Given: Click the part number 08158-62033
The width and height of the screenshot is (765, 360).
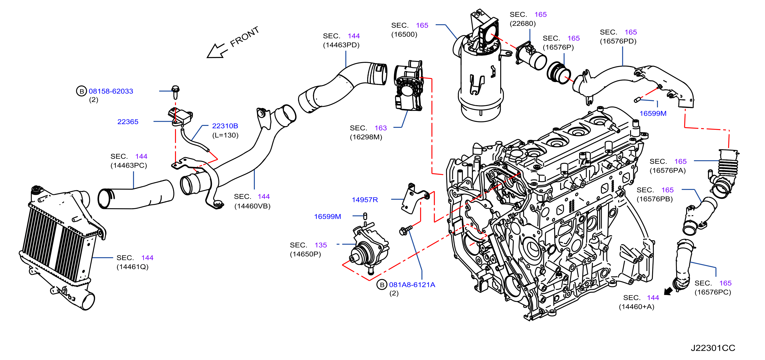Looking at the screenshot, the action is tap(111, 91).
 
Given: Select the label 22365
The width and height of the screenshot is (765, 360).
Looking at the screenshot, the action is tap(128, 122).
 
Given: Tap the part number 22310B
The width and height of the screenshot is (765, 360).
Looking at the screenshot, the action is tap(225, 126).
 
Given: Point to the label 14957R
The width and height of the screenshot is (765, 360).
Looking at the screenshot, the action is tap(365, 200).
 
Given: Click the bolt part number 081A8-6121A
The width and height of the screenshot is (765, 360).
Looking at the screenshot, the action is tap(412, 285).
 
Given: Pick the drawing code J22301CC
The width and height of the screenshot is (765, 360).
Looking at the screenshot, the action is tap(713, 348).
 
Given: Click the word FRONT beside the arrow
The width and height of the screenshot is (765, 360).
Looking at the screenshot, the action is tap(245, 37).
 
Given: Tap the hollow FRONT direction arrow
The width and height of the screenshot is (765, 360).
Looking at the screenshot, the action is tap(217, 51).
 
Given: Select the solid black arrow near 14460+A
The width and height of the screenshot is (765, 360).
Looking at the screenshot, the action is tap(668, 291).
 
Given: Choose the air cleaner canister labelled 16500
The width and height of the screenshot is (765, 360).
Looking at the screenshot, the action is tap(478, 68).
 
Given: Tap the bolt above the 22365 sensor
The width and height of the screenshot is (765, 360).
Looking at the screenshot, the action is tap(175, 92).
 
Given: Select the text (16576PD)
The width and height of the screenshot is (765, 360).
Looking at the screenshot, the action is tap(618, 41).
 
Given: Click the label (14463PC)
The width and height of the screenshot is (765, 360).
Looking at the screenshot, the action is tap(129, 166).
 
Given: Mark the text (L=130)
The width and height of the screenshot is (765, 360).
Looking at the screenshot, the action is tap(225, 135).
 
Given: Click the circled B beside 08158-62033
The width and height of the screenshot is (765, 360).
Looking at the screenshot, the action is tap(81, 91).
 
